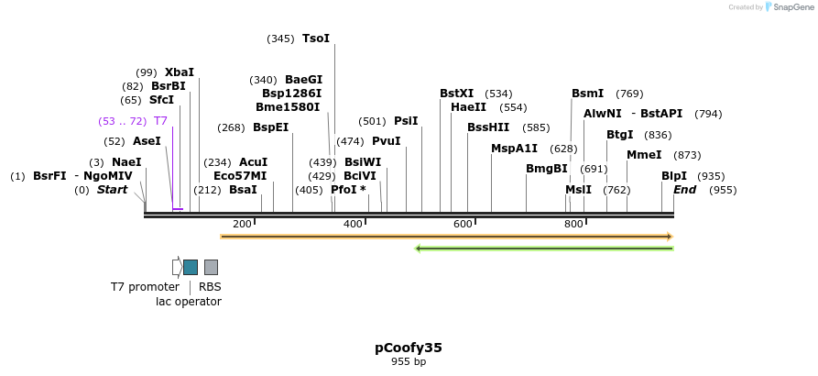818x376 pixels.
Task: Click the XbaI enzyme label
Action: [x=180, y=72]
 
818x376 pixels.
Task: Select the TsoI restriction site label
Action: [x=316, y=39]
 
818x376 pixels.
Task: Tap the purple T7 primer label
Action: [x=160, y=121]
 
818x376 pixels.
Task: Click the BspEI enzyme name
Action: [x=270, y=127]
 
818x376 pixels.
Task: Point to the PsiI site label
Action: [x=406, y=121]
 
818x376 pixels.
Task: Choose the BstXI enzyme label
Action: [x=457, y=94]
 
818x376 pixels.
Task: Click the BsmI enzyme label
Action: [x=587, y=94]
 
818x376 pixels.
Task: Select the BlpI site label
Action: [x=673, y=176]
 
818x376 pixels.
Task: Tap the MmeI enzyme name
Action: [x=644, y=155]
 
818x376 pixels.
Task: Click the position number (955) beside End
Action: [x=723, y=190]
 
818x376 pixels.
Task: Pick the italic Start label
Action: [x=113, y=190]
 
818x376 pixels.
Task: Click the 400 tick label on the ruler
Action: [x=353, y=224]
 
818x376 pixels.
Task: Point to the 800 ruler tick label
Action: [x=573, y=224]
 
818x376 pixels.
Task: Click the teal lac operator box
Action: [x=191, y=267]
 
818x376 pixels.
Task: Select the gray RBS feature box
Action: [x=211, y=267]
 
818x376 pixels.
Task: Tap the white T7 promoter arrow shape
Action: [x=177, y=267]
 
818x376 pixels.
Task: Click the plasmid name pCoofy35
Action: [x=409, y=348]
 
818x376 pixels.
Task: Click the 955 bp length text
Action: [x=409, y=362]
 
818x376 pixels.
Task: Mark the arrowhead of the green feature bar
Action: [x=418, y=248]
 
